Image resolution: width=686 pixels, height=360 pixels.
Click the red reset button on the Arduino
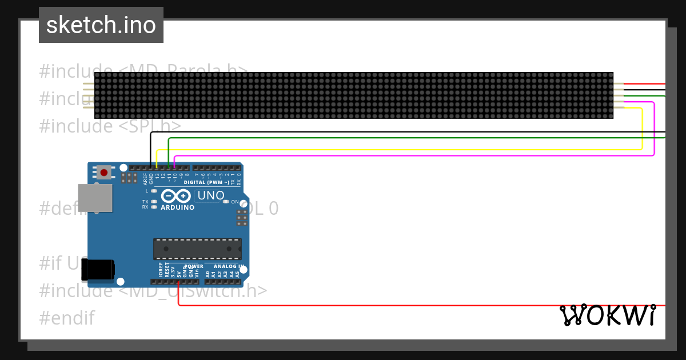tap(103, 172)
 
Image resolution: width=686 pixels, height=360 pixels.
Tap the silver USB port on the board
tap(95, 198)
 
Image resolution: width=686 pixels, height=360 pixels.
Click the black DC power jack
tap(98, 270)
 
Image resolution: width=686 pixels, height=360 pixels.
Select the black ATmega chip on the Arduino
tap(197, 249)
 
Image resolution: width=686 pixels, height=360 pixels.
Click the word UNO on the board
tap(210, 196)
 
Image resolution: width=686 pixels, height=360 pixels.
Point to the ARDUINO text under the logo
tap(178, 207)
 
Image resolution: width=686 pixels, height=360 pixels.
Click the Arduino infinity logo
tap(177, 196)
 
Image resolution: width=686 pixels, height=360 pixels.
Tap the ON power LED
tap(226, 202)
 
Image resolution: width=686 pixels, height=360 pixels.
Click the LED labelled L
tap(153, 191)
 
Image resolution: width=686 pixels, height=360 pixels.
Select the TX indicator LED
tap(153, 202)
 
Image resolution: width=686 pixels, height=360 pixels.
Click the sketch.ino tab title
tap(101, 25)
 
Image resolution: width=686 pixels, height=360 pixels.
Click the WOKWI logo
tap(607, 315)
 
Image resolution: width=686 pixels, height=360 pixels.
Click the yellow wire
tap(400, 150)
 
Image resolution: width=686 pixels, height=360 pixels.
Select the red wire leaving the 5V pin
tap(400, 305)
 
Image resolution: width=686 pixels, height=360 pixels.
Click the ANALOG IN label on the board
tap(229, 266)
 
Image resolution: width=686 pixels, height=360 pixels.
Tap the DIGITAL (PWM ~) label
tap(206, 182)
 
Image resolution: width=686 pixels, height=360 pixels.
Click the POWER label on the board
tap(194, 266)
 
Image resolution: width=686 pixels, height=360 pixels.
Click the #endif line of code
tap(67, 318)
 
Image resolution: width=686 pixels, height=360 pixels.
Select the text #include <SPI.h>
tap(110, 126)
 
